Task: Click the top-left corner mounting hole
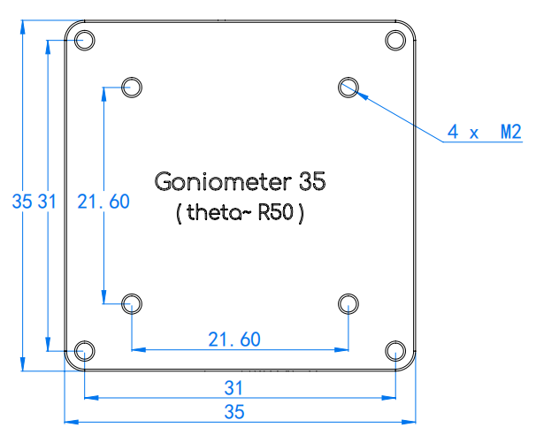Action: (x=85, y=40)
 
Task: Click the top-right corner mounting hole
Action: (x=395, y=40)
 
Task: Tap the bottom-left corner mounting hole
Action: (x=85, y=350)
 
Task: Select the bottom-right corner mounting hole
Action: (x=395, y=351)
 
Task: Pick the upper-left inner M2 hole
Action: (x=132, y=86)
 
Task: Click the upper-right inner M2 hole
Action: (x=348, y=86)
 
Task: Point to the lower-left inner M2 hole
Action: (x=132, y=303)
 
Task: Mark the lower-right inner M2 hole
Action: (x=348, y=303)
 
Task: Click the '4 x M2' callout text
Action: (x=484, y=133)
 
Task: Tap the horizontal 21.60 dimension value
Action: (x=234, y=339)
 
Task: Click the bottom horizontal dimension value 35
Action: (x=234, y=412)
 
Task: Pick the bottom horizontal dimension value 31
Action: (x=234, y=388)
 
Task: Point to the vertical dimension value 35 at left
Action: (x=23, y=202)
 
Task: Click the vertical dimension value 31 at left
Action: (x=47, y=202)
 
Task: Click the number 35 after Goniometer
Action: (x=311, y=182)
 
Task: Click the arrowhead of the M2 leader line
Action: (x=357, y=92)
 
